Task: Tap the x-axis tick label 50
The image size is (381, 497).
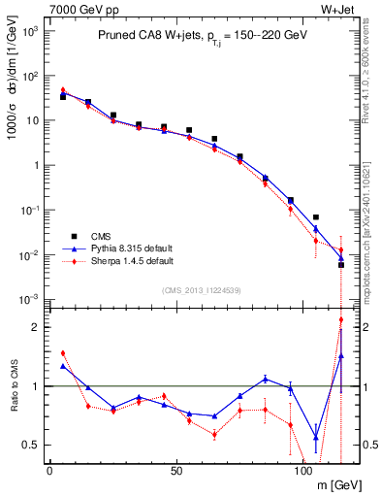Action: click(x=175, y=471)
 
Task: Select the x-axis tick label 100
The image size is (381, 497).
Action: click(x=302, y=471)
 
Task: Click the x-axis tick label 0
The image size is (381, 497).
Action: click(x=49, y=471)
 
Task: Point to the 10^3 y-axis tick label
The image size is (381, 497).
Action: click(x=31, y=31)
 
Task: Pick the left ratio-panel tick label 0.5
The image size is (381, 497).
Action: click(x=35, y=445)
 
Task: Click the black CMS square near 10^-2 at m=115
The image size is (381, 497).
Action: click(x=340, y=264)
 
